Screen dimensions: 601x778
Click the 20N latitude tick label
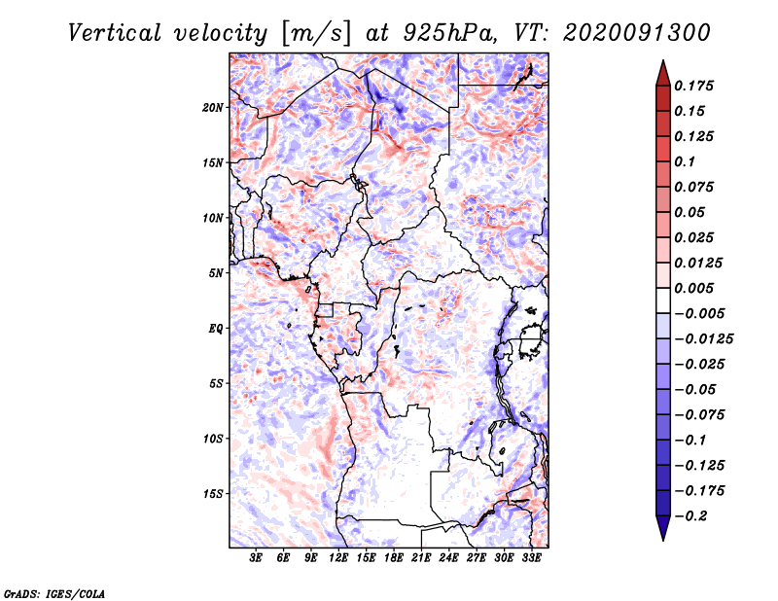pyautogui.click(x=213, y=107)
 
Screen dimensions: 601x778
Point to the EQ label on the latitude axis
pyautogui.click(x=215, y=328)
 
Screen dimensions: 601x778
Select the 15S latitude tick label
pyautogui.click(x=213, y=493)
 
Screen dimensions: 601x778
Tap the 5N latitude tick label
pyautogui.click(x=215, y=273)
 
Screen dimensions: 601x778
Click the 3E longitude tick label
pyautogui.click(x=257, y=559)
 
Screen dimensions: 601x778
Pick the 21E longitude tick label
pyautogui.click(x=421, y=559)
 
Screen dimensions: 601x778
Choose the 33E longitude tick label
pyautogui.click(x=531, y=559)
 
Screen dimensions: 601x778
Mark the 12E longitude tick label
pyautogui.click(x=338, y=559)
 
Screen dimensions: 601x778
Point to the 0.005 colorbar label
pyautogui.click(x=696, y=288)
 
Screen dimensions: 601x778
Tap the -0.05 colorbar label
pyautogui.click(x=699, y=389)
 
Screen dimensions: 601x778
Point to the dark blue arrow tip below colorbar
pyautogui.click(x=661, y=532)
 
